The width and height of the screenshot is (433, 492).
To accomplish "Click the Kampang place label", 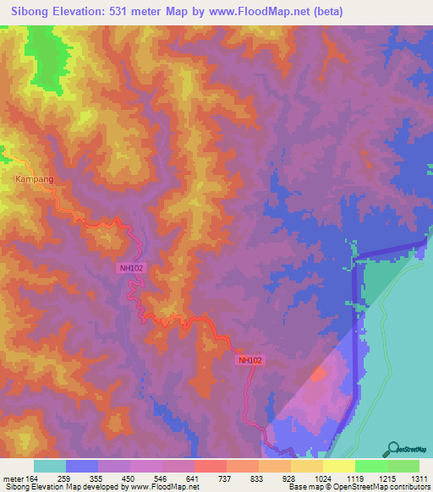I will [33, 179].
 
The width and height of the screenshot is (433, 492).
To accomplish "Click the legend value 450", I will [130, 478].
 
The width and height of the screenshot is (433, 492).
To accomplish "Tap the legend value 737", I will [227, 478].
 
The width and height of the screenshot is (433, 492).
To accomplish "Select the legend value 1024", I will [322, 478].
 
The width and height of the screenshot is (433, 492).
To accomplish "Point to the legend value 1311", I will [419, 478].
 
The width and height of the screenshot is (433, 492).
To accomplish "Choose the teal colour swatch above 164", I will [50, 466].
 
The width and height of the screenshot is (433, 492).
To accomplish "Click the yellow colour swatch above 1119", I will [339, 466].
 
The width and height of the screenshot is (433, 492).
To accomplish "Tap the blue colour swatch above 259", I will [82, 466].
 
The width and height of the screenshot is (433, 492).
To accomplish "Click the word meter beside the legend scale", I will [14, 478].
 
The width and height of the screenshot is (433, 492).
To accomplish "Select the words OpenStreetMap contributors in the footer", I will [385, 487].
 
